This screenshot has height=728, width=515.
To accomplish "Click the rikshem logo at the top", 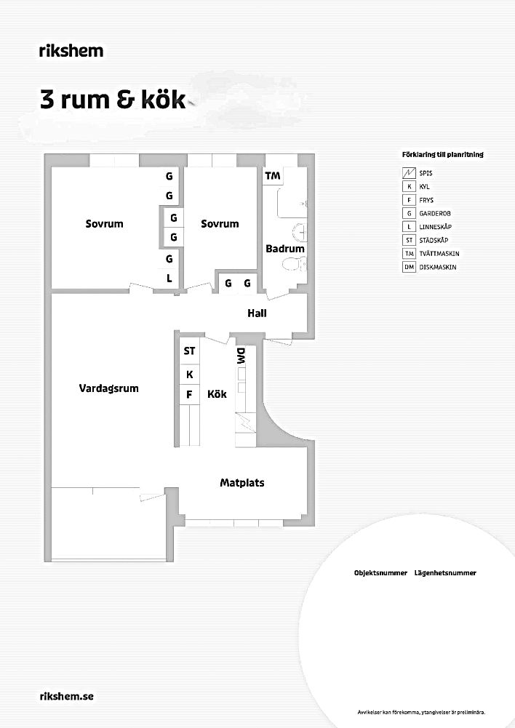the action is [71, 51].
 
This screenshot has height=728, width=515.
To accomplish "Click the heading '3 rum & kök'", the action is [113, 100].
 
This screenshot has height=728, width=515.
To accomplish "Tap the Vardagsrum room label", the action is [108, 388].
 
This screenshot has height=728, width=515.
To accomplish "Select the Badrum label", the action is [285, 249].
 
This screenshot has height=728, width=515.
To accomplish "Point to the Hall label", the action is [257, 313].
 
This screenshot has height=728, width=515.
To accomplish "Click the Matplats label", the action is [242, 483].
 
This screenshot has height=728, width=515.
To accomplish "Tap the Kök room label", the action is [217, 394].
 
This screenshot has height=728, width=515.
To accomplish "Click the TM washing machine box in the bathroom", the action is [273, 176].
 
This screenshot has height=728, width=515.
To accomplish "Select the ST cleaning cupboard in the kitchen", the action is [189, 351].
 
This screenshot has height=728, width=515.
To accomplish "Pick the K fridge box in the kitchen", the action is [189, 374].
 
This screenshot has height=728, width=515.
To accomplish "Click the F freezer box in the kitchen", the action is [189, 395].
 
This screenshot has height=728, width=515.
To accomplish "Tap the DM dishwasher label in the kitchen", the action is [241, 356].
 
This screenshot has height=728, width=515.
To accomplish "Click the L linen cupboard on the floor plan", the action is [169, 279].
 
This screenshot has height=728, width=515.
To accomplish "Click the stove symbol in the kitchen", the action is [244, 423].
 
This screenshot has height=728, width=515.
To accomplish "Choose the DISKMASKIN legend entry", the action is [430, 267].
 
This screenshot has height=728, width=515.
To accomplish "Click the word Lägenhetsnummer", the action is [445, 573].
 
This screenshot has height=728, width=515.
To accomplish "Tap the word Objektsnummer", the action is [380, 573].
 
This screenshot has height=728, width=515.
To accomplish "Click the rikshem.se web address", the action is [67, 697].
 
